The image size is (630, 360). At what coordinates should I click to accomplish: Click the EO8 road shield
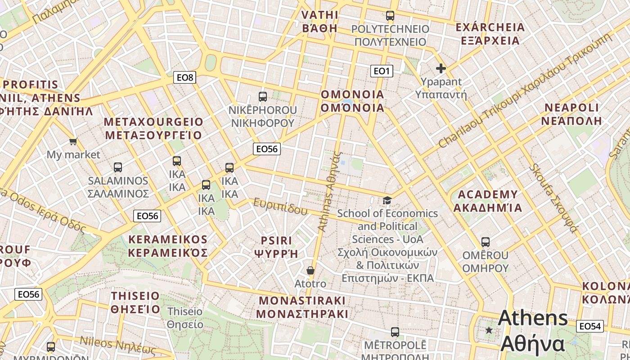pos(184,77)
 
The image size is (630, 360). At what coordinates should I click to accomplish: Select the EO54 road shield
pos(589,326)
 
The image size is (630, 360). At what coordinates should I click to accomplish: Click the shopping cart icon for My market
pos(73,142)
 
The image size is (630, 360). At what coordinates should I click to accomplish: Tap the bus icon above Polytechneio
pos(390,16)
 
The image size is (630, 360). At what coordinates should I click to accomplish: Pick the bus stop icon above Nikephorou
pos(263,96)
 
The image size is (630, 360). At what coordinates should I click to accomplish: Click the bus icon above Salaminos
pos(118,167)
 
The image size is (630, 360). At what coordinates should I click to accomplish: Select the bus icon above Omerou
pos(485,242)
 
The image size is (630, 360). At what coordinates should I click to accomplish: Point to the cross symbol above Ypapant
pos(441,68)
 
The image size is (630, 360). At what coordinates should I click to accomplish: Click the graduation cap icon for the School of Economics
pos(387,200)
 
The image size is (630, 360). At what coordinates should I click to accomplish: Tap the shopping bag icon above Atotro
pos(310,270)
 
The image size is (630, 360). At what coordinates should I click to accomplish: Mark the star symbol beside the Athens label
pos(489,330)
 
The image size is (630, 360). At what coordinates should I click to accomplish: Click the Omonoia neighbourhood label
pos(352,101)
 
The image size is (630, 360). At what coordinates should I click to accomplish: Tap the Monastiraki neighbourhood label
pos(302,307)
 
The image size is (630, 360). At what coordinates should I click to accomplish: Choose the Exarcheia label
pos(490,34)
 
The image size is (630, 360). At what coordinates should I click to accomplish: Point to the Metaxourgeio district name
pos(153,129)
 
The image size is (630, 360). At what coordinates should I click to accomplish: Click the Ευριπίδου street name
pos(280,207)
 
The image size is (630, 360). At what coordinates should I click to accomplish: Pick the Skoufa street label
pos(553,198)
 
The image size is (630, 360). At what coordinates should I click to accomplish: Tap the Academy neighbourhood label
pos(487,201)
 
